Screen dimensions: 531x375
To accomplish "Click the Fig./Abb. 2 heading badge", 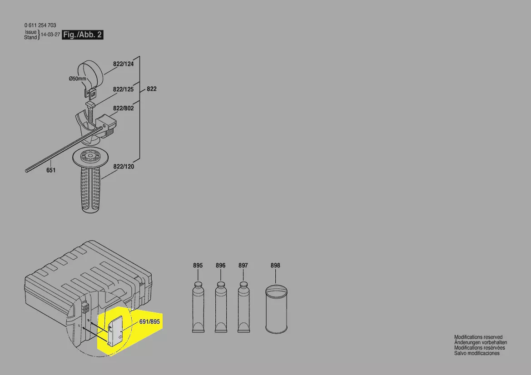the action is [83, 35].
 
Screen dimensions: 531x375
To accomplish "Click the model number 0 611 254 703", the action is [40, 25].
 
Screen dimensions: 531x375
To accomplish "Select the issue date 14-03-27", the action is [50, 35].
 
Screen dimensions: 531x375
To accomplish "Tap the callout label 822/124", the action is [123, 64].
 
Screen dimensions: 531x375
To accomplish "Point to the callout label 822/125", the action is [123, 89].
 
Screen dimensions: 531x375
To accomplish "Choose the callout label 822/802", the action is [123, 109].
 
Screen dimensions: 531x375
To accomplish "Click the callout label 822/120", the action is [124, 167].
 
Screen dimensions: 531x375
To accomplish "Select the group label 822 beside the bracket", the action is [152, 89].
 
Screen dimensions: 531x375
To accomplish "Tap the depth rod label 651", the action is [51, 170].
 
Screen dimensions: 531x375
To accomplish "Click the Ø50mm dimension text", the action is [78, 79].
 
